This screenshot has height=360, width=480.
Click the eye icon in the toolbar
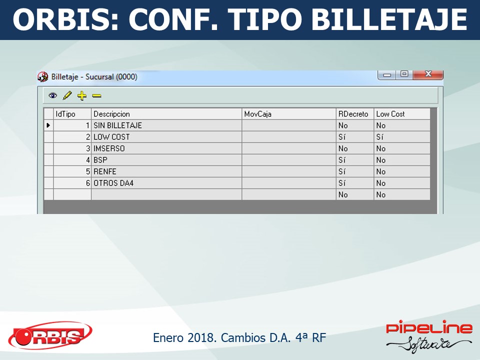pyautogui.click(x=52, y=96)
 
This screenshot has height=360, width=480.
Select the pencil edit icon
pyautogui.click(x=67, y=95)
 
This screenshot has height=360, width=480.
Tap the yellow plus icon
pyautogui.click(x=81, y=96)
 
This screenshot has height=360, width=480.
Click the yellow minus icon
pyautogui.click(x=96, y=96)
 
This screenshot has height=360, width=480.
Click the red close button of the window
pyautogui.click(x=428, y=74)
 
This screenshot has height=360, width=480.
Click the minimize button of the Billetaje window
pyautogui.click(x=387, y=74)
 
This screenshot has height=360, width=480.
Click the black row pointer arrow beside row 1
pyautogui.click(x=48, y=125)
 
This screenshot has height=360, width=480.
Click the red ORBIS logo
pyautogui.click(x=50, y=335)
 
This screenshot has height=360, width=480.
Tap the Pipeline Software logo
pyautogui.click(x=429, y=336)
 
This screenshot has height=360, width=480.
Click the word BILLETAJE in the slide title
pyautogui.click(x=389, y=19)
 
